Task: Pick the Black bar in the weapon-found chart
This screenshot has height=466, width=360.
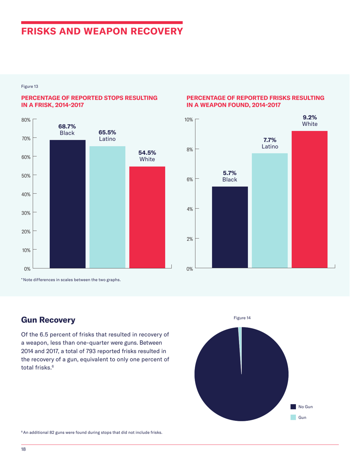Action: (x=230, y=227)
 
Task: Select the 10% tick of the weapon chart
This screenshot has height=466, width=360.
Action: (x=189, y=120)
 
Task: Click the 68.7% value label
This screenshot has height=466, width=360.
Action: (x=66, y=127)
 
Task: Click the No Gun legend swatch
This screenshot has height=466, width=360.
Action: (x=293, y=407)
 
